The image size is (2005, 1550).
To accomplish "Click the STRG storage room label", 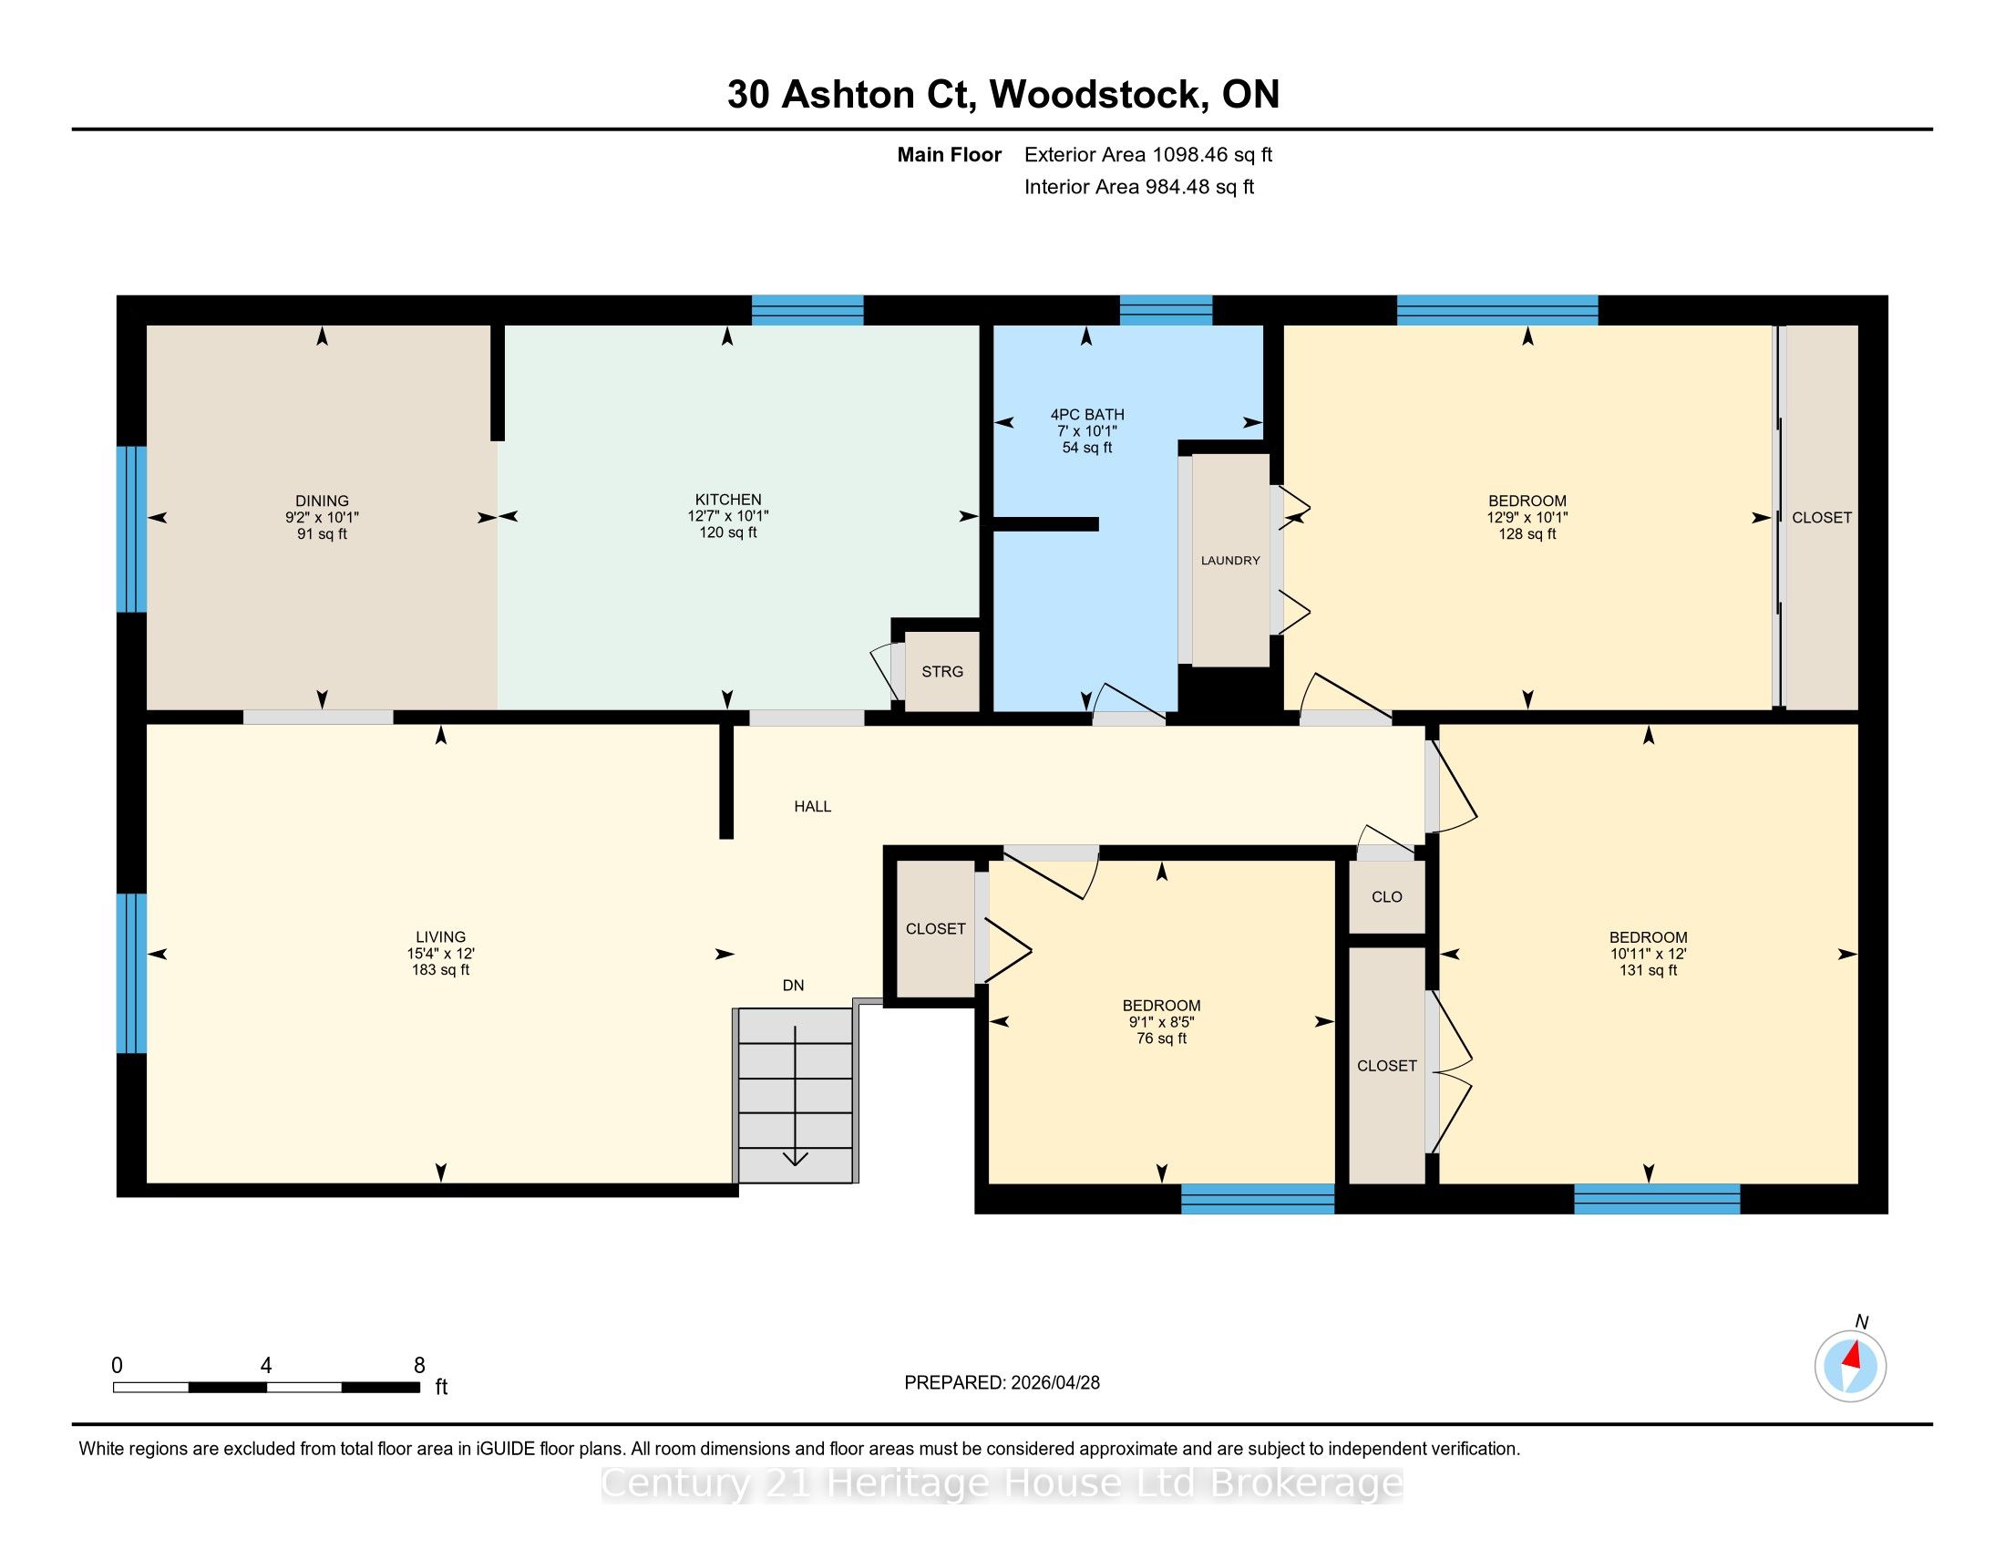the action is coord(942,671).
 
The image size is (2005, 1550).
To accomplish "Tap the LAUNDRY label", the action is coord(1230,560).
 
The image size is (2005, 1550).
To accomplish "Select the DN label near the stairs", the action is coord(793,986).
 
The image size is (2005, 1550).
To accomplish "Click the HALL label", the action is coord(812,806).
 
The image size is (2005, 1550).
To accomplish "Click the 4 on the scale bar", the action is coord(266,1366).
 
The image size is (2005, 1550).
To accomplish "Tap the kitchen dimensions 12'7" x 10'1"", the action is coord(728,516).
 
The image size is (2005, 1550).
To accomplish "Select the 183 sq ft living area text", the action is coord(441,970).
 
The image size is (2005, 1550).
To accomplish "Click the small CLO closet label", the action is coord(1386,897).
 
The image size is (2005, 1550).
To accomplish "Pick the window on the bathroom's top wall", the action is coord(1166,310).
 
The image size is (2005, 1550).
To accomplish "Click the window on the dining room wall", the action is coord(131,529).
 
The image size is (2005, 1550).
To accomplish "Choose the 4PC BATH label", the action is coord(1087,415).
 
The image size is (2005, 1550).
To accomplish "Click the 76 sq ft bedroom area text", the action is coord(1161,1038).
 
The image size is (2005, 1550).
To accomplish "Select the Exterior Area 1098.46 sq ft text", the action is coord(1148,155).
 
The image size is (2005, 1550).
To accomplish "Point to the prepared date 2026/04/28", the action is coord(1054,1383).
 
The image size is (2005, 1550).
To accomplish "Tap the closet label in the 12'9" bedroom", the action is coord(1822,518).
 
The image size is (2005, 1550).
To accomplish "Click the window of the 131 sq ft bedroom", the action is coord(1657,1199).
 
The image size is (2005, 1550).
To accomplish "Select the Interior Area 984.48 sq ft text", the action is coord(1139,187).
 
